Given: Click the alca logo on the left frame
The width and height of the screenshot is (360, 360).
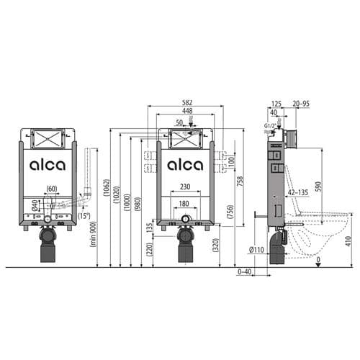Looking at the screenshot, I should [47, 165].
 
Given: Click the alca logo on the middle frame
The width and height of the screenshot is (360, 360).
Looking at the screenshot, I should [185, 165].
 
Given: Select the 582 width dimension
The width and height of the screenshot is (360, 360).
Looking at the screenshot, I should [185, 102].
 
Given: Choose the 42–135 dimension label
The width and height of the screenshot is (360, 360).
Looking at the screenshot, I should [297, 192].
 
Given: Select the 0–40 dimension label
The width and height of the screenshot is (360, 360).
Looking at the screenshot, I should [246, 272].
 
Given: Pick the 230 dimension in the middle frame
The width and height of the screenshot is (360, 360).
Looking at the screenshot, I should [185, 187].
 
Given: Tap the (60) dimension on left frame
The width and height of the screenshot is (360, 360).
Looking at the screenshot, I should [51, 189].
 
